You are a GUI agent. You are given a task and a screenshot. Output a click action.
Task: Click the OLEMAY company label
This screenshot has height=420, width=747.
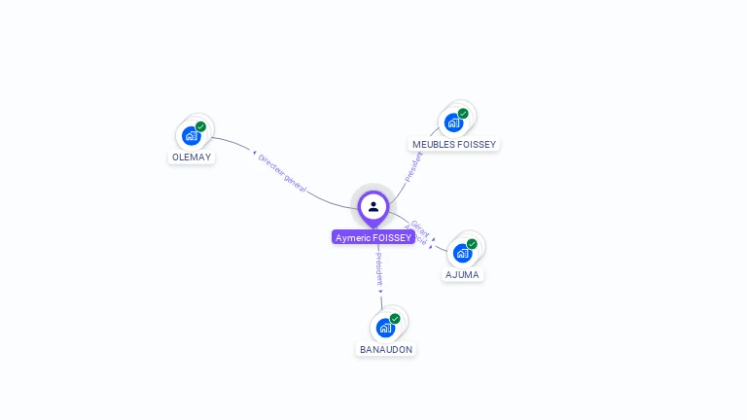click(192, 157)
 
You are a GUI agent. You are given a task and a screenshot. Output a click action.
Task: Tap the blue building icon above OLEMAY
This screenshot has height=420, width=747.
click(191, 136)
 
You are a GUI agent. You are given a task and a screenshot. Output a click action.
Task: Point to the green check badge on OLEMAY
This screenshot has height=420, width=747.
click(200, 126)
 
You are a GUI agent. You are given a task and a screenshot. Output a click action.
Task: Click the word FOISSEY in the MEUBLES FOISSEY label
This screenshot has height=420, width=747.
click(476, 145)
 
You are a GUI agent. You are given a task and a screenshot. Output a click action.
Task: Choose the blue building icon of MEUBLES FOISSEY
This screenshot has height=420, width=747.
click(452, 122)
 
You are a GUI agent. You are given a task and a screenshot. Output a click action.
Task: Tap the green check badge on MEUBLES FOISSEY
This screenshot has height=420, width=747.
click(463, 114)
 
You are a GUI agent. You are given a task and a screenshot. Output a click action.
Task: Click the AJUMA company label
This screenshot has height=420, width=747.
click(463, 274)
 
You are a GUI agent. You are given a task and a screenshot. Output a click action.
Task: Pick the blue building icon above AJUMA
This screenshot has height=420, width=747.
click(462, 253)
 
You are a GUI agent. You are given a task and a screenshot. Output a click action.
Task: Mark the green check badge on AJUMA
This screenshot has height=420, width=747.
click(472, 244)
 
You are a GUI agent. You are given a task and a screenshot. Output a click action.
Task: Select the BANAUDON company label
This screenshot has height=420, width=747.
click(386, 349)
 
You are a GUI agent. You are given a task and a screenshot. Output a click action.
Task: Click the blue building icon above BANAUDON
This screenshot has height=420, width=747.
click(385, 328)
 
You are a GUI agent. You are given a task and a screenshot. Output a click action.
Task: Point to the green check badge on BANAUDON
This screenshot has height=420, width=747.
click(395, 319)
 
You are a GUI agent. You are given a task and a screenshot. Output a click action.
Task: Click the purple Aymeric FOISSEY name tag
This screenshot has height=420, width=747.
click(373, 237)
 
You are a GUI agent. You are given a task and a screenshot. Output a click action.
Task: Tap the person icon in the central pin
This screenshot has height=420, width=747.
click(373, 206)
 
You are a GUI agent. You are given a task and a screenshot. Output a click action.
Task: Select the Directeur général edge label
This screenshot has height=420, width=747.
click(282, 174)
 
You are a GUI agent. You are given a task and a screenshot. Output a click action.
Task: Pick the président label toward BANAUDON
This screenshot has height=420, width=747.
click(378, 269)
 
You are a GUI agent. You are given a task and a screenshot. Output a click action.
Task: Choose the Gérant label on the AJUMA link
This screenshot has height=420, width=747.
click(420, 227)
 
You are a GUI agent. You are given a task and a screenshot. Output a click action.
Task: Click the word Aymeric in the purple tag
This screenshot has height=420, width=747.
click(353, 237)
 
